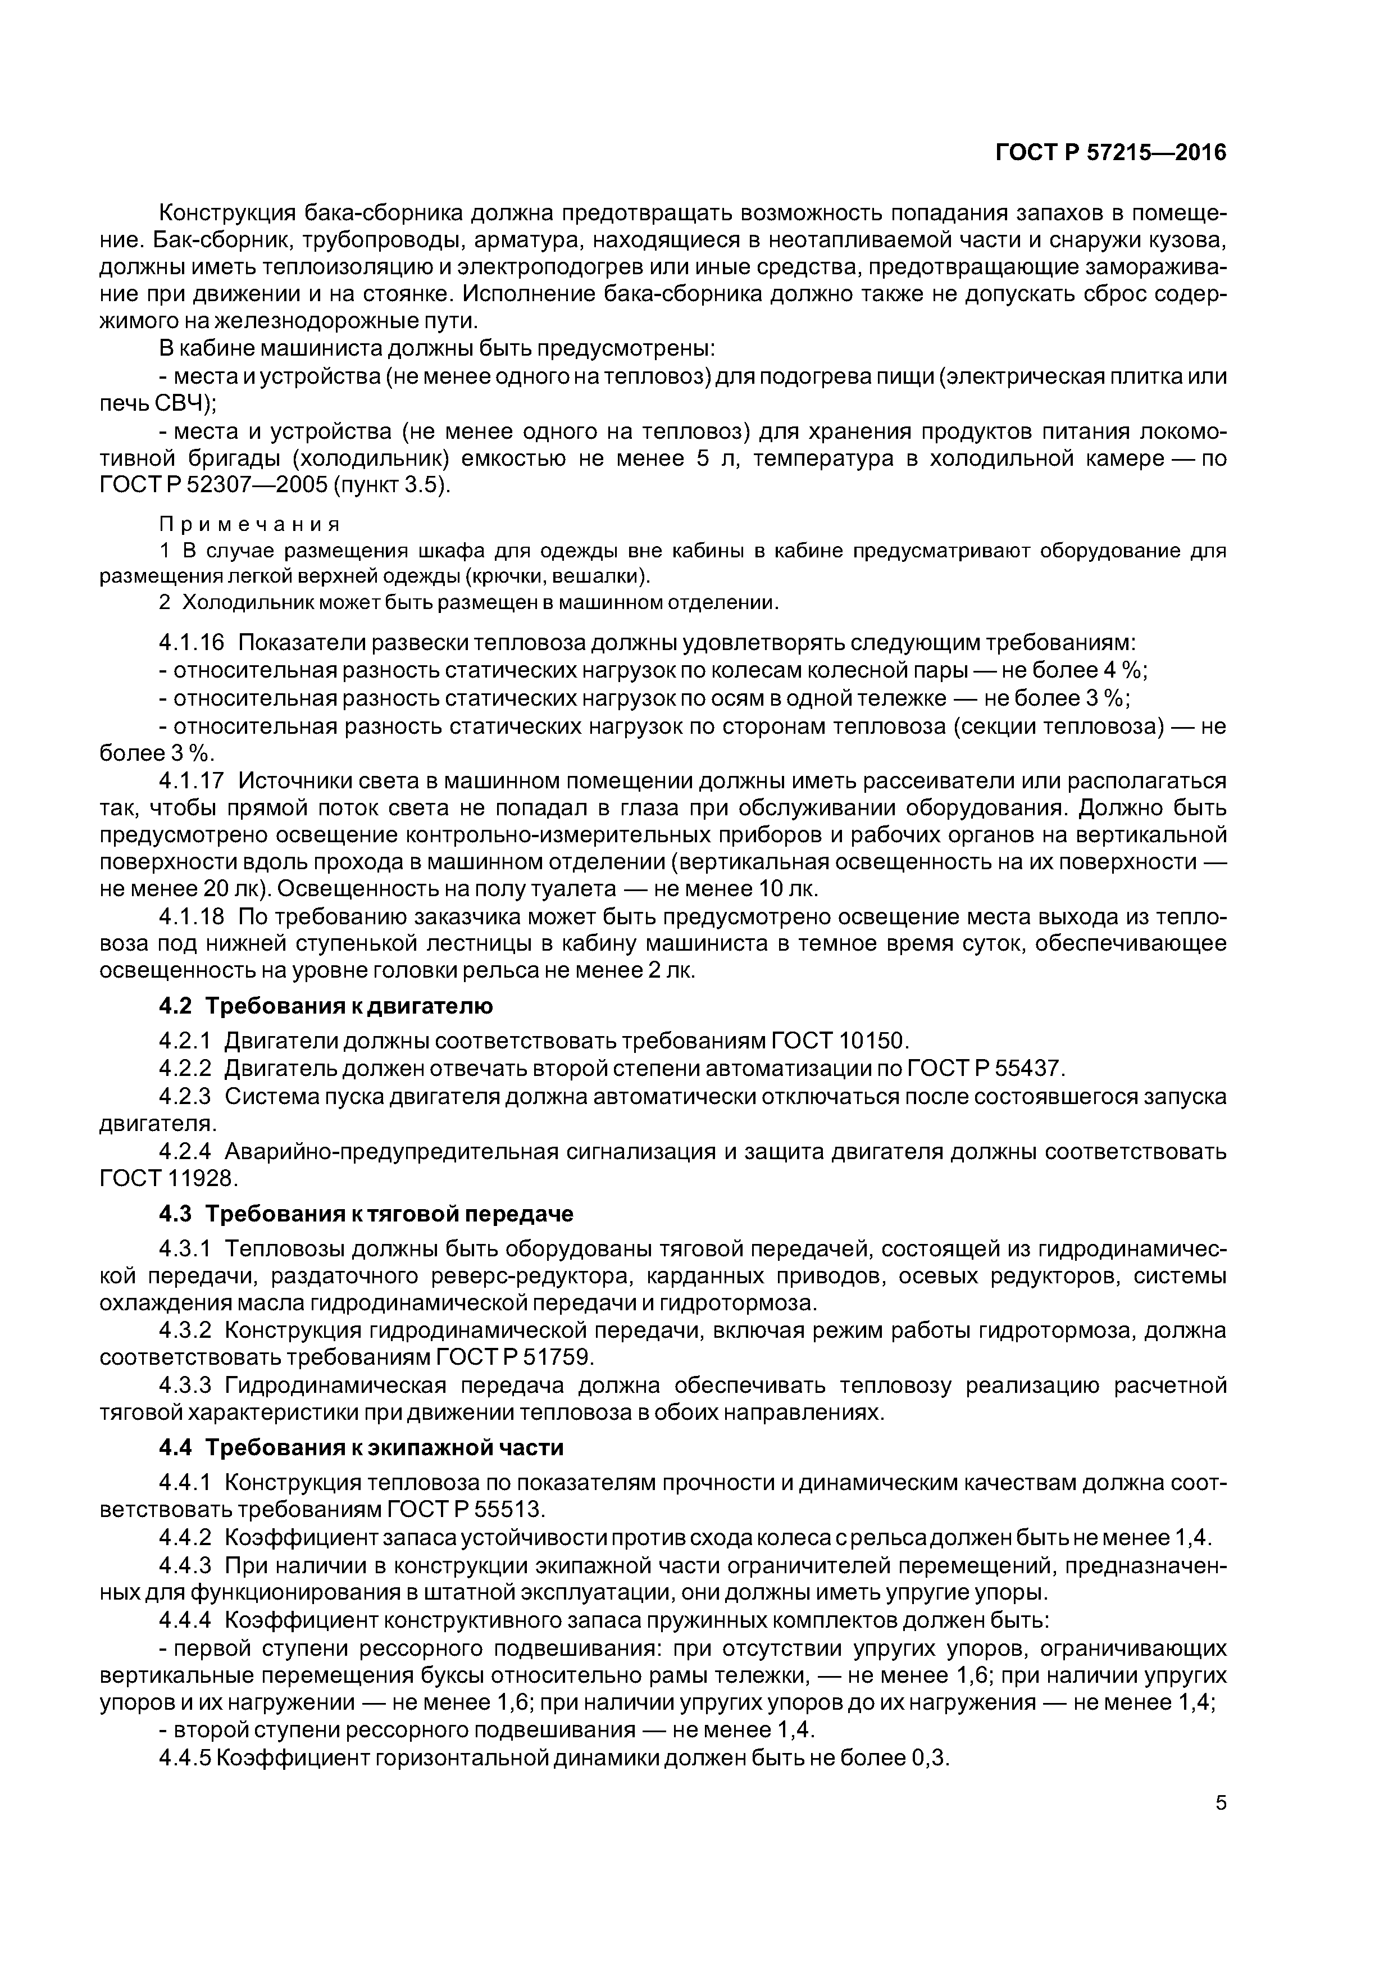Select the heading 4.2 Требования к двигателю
tap(326, 1005)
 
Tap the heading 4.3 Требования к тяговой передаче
tap(366, 1214)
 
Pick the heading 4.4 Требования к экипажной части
tap(361, 1447)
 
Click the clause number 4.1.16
tap(192, 643)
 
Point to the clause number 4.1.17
tap(192, 780)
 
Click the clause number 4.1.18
tap(192, 917)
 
